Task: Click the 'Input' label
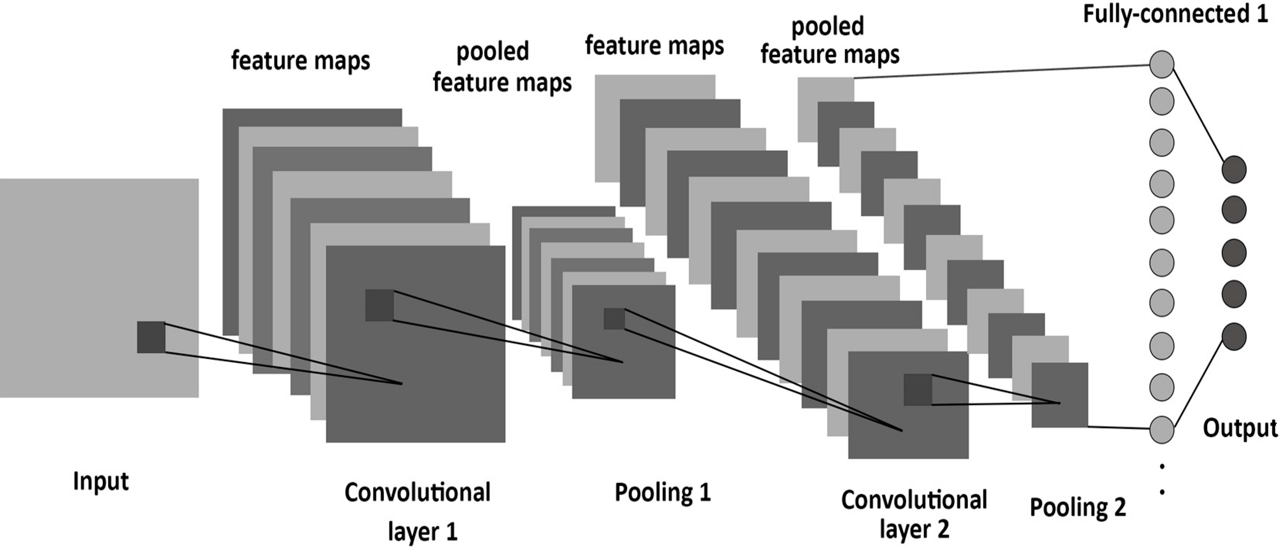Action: [x=101, y=481]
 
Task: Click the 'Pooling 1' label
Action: [x=663, y=492]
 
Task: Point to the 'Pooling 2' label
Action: [x=1077, y=507]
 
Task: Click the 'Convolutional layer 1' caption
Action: [x=417, y=512]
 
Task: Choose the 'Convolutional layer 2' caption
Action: [x=914, y=514]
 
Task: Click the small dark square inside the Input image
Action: [x=151, y=337]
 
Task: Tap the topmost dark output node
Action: [x=1234, y=169]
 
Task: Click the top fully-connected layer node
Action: [x=1162, y=65]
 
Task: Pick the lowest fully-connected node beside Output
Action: [x=1162, y=429]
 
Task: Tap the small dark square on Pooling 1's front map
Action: [x=614, y=319]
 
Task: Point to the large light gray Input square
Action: [x=74, y=249]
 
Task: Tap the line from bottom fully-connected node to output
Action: [x=1198, y=383]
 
